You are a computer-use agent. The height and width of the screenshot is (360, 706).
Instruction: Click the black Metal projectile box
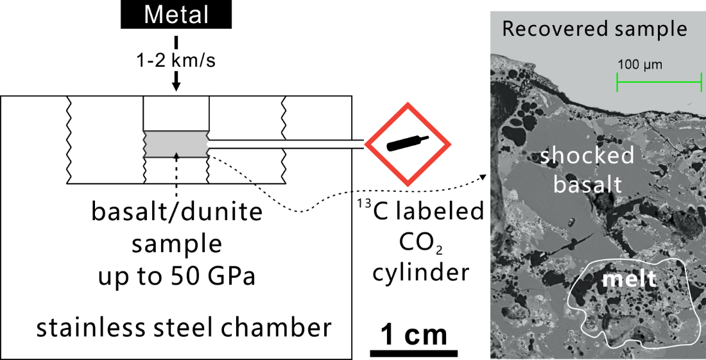pyautogui.click(x=177, y=15)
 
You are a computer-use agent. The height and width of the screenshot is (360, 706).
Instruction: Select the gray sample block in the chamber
pyautogui.click(x=176, y=144)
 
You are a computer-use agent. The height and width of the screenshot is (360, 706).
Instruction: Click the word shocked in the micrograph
pyautogui.click(x=587, y=156)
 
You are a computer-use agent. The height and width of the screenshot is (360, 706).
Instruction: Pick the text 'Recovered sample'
pyautogui.click(x=594, y=30)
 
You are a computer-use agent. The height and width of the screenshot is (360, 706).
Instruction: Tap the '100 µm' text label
pyautogui.click(x=640, y=65)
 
